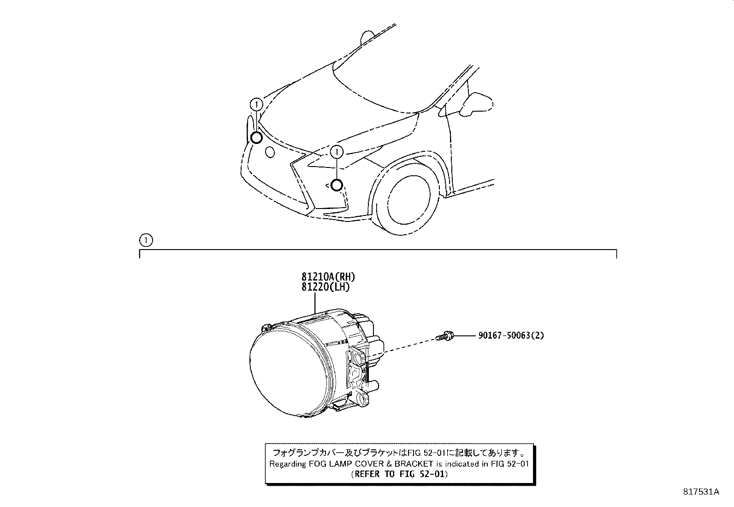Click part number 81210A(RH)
328,277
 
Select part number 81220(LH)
326,287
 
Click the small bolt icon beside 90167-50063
445,336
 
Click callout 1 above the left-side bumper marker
256,104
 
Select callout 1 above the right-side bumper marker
337,151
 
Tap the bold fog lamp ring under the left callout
256,137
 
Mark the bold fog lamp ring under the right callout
337,185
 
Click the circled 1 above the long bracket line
145,240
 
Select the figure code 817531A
700,492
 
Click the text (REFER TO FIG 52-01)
399,474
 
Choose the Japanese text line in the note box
399,453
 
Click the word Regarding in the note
288,464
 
